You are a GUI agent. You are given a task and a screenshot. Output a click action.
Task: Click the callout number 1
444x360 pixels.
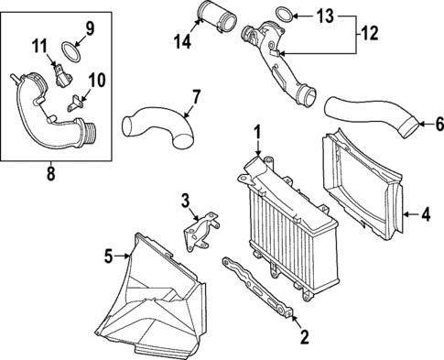pos(257,133)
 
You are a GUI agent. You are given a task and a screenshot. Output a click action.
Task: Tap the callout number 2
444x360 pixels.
pos(304,337)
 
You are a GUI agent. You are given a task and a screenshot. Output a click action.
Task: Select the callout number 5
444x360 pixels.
pos(109,256)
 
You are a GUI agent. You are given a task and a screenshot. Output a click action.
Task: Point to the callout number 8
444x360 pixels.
pos(50,173)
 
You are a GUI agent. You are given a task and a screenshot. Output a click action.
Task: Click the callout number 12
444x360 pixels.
pos(369,33)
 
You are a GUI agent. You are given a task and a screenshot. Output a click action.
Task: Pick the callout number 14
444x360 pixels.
pos(182,41)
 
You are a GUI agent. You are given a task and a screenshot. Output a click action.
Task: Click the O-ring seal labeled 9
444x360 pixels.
pos(71,52)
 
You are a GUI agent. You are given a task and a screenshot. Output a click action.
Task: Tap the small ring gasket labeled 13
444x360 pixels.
pos(285,16)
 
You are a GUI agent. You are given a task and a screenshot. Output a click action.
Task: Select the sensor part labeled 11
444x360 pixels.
pos(62,76)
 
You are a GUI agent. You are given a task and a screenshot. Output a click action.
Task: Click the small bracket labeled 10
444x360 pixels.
pos(75,104)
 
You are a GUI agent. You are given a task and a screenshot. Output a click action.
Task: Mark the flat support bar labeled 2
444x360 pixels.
pos(258,288)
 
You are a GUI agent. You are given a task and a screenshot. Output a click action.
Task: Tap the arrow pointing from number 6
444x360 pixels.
pos(425,124)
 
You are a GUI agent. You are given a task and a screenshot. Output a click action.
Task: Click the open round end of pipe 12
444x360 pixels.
pos(307,95)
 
